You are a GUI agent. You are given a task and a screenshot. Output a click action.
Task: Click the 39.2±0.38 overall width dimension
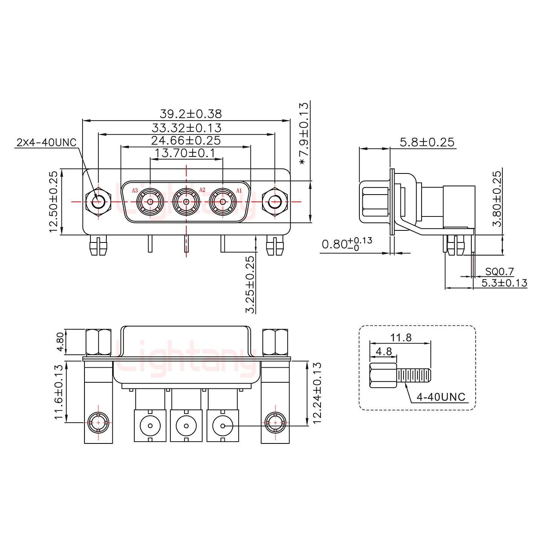(x=191, y=114)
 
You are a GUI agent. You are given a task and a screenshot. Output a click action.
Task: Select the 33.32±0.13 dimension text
(x=186, y=128)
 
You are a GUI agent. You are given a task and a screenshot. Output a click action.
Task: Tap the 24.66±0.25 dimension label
(x=186, y=141)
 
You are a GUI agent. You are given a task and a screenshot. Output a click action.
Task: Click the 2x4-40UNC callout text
(x=46, y=143)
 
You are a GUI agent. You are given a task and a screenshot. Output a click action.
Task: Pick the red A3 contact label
(x=135, y=190)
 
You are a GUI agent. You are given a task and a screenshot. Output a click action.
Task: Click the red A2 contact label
(x=202, y=189)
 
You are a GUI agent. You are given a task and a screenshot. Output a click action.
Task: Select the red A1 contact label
(x=239, y=190)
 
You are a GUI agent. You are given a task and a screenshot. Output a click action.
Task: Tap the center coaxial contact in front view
(x=186, y=202)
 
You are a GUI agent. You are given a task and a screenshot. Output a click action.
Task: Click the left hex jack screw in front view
(x=98, y=202)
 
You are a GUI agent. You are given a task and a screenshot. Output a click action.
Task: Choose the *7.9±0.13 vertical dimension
(x=304, y=134)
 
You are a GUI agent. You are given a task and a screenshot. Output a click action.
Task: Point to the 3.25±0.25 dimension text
(x=250, y=285)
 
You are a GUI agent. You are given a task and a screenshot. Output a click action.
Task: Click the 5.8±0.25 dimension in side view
(x=427, y=143)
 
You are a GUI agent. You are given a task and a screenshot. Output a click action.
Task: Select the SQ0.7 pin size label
(x=499, y=271)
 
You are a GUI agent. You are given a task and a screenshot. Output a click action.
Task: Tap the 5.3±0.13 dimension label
(x=504, y=283)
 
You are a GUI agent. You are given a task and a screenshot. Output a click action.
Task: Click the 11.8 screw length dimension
(x=401, y=337)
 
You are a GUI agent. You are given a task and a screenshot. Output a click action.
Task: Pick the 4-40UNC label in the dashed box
(x=441, y=397)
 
